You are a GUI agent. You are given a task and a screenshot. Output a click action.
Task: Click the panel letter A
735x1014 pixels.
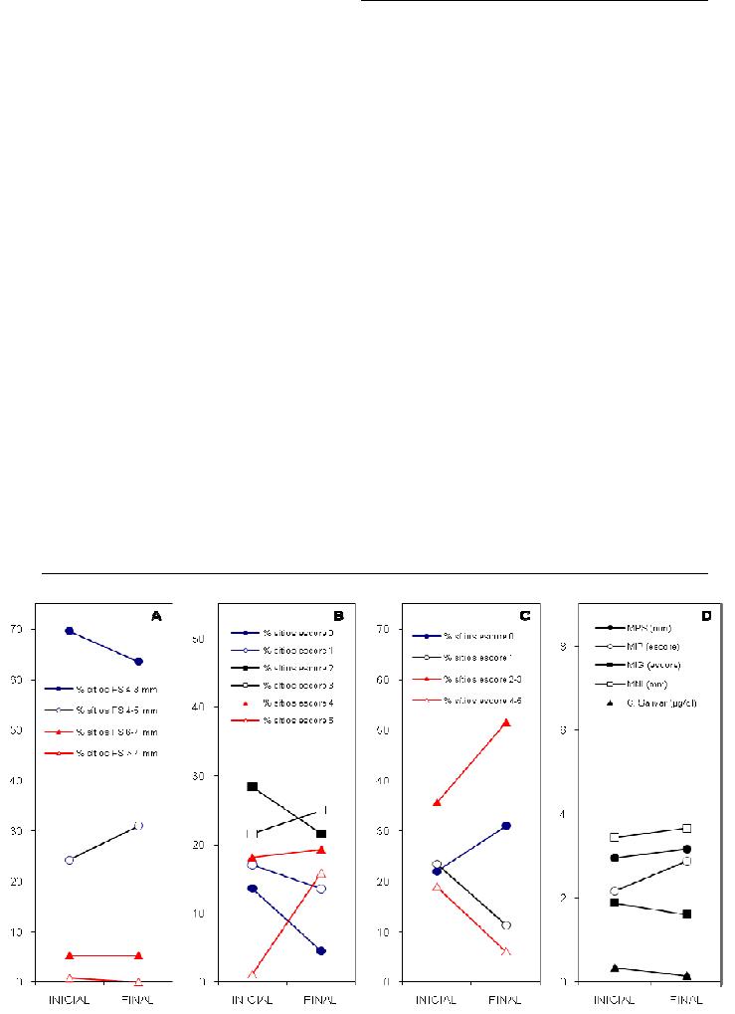156,617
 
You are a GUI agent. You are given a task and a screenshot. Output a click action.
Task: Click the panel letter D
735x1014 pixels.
706,617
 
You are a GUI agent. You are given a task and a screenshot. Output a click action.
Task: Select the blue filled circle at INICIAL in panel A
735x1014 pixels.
70,631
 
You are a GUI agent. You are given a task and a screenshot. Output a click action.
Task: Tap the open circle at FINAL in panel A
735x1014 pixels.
138,826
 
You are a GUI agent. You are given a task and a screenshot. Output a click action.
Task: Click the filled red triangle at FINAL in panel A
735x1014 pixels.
138,956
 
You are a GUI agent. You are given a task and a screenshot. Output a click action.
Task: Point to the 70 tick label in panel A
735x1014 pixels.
17,630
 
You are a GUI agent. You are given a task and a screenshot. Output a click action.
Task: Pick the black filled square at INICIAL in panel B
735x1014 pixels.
253,787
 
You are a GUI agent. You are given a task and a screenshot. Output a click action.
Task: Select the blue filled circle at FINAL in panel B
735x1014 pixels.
321,951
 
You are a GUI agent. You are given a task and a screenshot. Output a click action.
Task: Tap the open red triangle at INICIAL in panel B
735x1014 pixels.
253,974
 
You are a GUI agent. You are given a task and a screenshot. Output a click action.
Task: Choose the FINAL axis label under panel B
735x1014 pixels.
321,999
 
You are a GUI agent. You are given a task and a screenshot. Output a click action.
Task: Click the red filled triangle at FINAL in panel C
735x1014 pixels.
506,722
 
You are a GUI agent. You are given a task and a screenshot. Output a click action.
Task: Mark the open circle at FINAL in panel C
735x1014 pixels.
506,925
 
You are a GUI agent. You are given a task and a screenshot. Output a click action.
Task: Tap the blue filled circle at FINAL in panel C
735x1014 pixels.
506,826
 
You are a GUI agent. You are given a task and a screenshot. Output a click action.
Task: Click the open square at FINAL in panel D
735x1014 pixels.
687,828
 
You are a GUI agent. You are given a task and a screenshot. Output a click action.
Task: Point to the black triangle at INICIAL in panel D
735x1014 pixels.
616,967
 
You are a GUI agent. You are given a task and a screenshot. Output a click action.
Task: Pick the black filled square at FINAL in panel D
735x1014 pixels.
687,913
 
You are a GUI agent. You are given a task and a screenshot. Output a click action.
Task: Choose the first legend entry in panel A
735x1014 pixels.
106,688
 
